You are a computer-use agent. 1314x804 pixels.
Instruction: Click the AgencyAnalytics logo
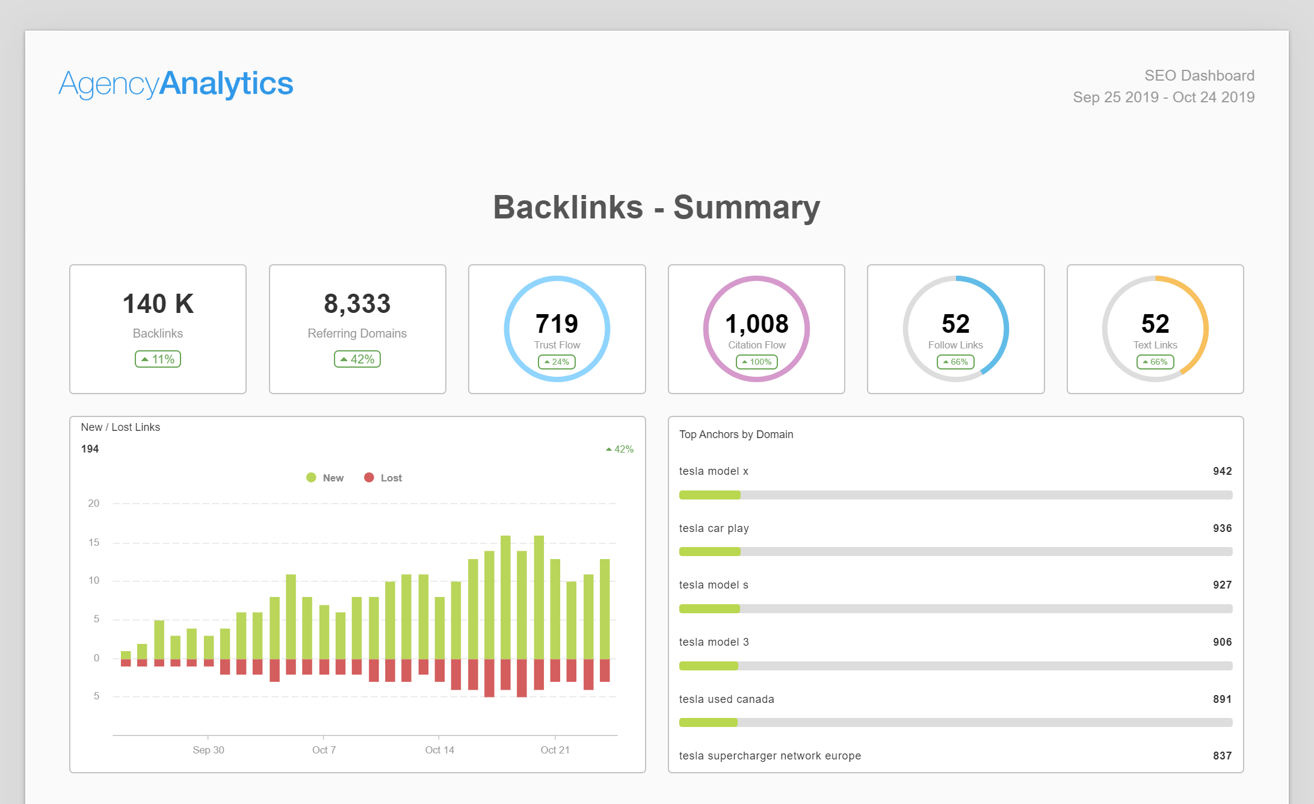[x=176, y=84]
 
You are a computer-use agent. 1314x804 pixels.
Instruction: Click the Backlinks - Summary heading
[x=656, y=208]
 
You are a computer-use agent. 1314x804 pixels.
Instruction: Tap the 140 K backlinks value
[x=158, y=304]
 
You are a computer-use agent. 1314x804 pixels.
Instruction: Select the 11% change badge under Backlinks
[x=158, y=359]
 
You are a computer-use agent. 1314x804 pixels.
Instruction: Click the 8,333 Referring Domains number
[x=357, y=304]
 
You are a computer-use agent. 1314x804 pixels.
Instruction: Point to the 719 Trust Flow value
[x=557, y=324]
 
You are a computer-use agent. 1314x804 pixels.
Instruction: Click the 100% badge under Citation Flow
[x=757, y=362]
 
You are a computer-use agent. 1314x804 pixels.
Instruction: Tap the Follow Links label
[x=955, y=345]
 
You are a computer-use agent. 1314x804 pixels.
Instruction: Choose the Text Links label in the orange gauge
[x=1155, y=345]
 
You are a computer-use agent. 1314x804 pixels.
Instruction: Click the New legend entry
[x=325, y=478]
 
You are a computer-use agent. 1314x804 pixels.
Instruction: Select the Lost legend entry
[x=383, y=478]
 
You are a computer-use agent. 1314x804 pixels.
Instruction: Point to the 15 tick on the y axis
[x=94, y=542]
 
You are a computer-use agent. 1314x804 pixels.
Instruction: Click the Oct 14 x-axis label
[x=440, y=750]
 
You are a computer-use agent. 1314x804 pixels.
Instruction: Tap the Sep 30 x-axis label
[x=208, y=750]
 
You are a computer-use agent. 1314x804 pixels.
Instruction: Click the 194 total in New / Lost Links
[x=90, y=449]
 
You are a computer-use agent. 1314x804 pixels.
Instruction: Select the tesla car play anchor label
[x=714, y=528]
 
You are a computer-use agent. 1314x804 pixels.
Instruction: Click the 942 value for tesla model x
[x=1222, y=471]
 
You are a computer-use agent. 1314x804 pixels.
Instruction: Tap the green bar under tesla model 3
[x=709, y=666]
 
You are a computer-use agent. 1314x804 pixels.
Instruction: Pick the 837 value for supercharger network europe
[x=1222, y=756]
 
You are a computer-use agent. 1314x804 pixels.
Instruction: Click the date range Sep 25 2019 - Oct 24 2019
[x=1164, y=97]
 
